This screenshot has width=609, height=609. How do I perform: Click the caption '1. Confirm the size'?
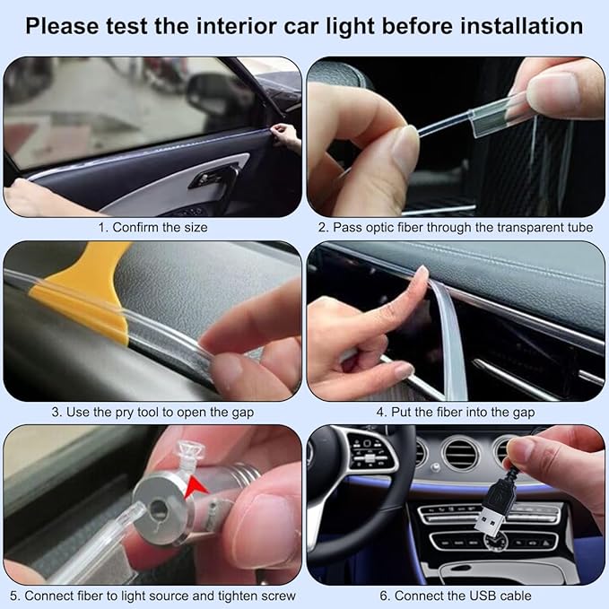152,227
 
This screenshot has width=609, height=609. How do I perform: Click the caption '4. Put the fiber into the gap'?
456,412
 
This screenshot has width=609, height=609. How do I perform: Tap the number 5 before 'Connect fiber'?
14,596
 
